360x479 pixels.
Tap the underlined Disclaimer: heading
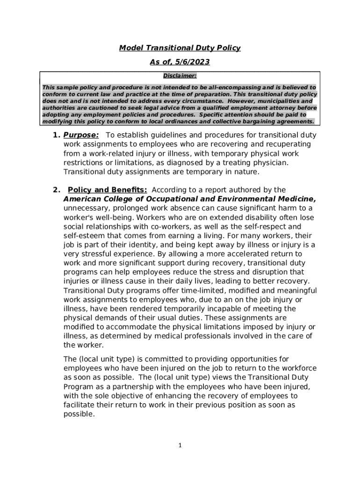(x=180, y=75)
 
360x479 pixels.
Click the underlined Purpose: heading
(x=81, y=136)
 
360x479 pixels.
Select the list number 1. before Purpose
(x=56, y=136)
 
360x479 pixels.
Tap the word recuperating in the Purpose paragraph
(x=284, y=145)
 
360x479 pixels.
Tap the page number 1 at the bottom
(x=180, y=445)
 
